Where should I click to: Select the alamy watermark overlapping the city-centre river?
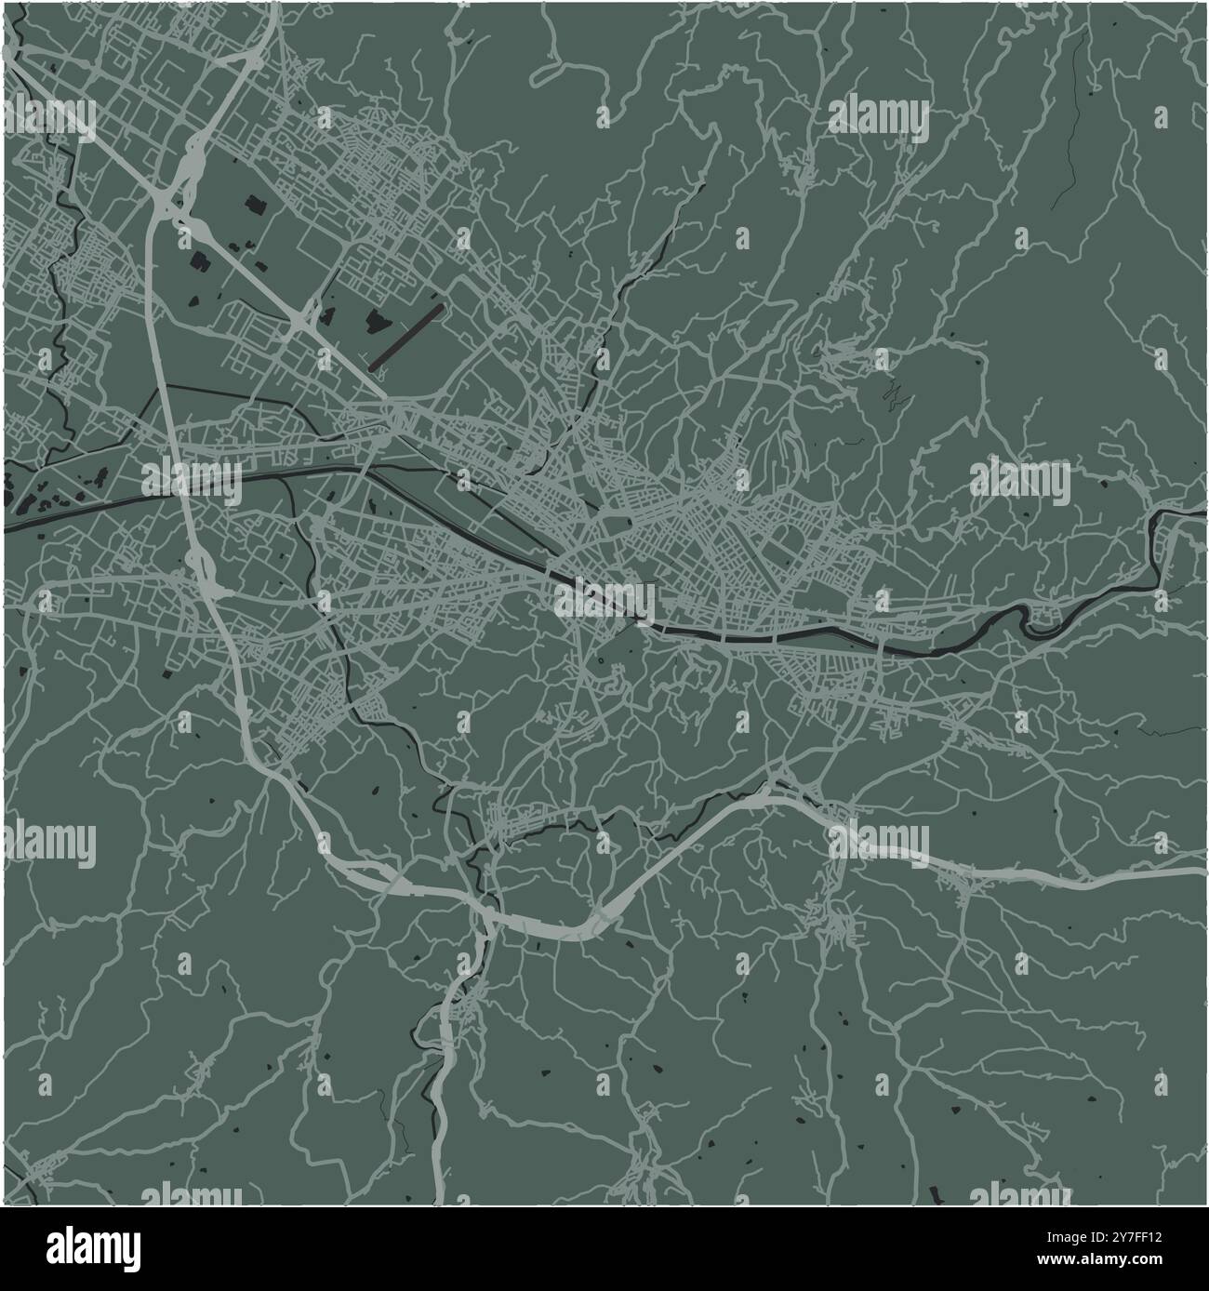point(605,599)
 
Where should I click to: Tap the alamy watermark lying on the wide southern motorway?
point(879,843)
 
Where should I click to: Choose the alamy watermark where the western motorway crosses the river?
point(192,479)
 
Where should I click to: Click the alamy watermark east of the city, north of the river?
point(1020,480)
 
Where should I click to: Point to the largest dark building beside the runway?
point(378,322)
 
